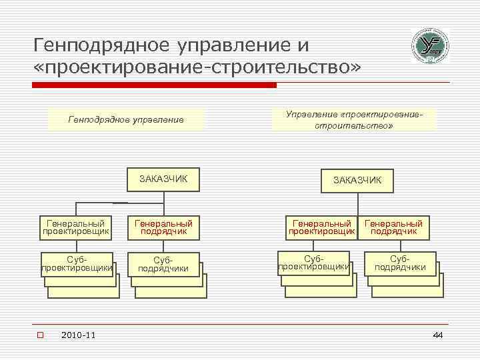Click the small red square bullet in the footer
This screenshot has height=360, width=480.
[x=40, y=335]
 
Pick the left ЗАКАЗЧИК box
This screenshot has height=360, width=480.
[x=163, y=179]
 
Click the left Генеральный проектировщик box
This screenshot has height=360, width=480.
[x=75, y=227]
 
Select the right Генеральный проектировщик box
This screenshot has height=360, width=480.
[x=321, y=227]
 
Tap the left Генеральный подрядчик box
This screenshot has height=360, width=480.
[x=163, y=227]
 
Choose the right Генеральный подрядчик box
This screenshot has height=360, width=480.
[x=393, y=227]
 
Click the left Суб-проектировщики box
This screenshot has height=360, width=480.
[x=75, y=263]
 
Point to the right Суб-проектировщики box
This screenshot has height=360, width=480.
[x=313, y=262]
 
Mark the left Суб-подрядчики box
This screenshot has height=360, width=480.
[x=163, y=264]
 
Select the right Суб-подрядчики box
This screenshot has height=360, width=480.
[x=400, y=263]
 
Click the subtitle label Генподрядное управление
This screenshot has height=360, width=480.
[x=126, y=120]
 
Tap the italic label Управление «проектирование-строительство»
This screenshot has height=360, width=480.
[x=354, y=119]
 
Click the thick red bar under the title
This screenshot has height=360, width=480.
[x=153, y=85]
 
